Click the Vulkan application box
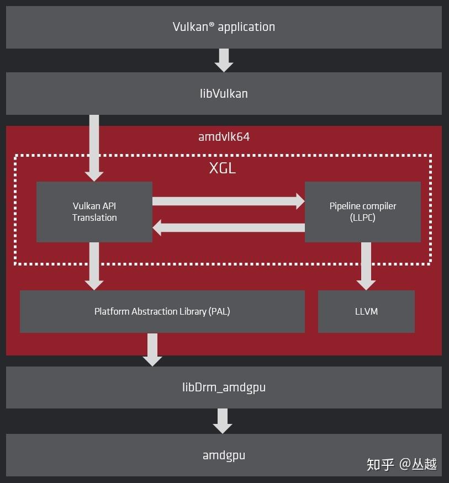(224, 27)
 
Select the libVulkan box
(224, 93)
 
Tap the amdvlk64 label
(224, 136)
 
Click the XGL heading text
(223, 168)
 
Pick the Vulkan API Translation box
(94, 212)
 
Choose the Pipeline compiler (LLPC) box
(363, 212)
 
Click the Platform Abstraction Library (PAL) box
(162, 311)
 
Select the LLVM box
(366, 311)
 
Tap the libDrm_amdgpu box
(224, 387)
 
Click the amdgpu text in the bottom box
(224, 455)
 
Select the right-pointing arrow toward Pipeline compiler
(228, 201)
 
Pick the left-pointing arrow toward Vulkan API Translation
(228, 227)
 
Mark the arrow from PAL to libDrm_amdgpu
(152, 349)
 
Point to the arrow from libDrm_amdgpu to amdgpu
(223, 421)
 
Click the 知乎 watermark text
(381, 464)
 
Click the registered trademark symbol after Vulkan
(212, 24)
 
